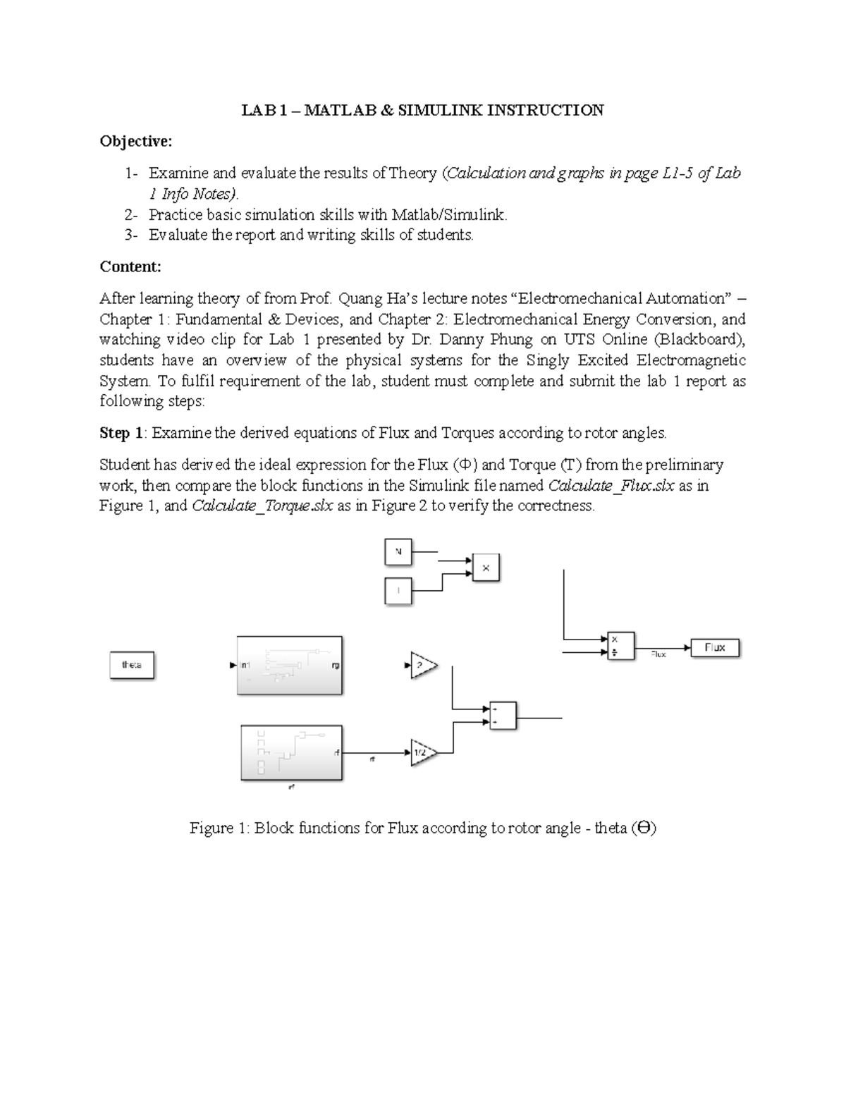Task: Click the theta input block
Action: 132,665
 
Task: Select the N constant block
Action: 398,552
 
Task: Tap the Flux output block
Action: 715,647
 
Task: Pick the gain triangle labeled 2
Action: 422,665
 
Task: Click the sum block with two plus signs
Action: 503,716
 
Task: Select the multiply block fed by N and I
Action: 486,567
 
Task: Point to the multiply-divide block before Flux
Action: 620,645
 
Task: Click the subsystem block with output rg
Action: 290,665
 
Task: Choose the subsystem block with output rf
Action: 292,752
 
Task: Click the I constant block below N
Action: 398,590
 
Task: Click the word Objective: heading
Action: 135,142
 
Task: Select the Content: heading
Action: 130,267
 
